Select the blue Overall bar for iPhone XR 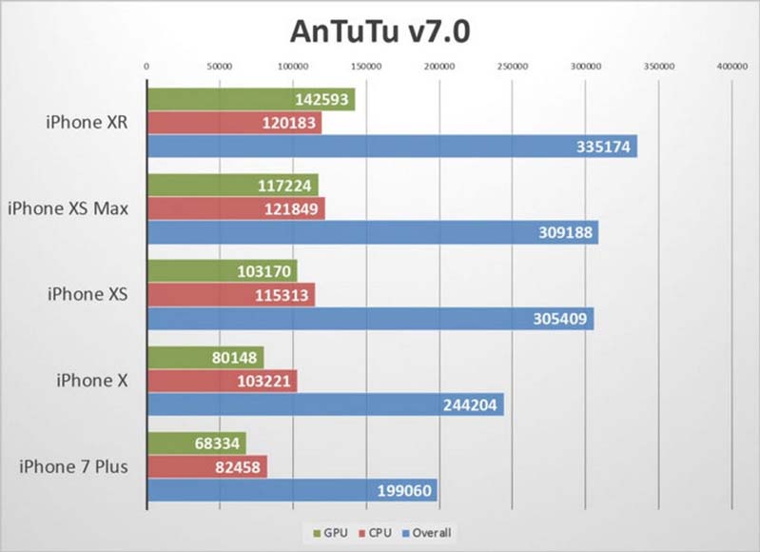click(391, 147)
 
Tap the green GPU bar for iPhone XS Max click(232, 185)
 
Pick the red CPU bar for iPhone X click(222, 381)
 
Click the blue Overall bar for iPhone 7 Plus click(291, 490)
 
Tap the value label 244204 click(470, 404)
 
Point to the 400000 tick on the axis click(731, 67)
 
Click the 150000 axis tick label click(366, 67)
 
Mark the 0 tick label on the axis click(146, 67)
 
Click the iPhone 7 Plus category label click(72, 466)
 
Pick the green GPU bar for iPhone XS click(222, 270)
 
